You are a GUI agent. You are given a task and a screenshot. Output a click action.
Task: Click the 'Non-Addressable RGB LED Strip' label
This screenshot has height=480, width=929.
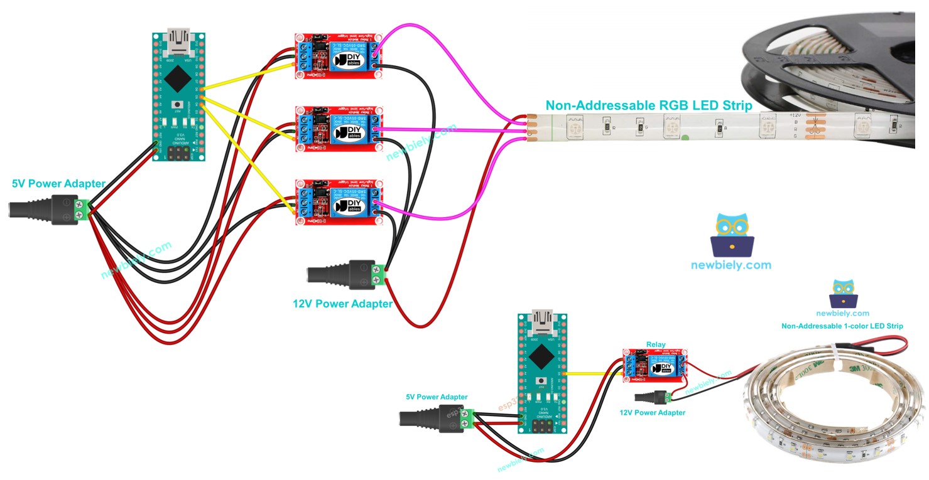648,105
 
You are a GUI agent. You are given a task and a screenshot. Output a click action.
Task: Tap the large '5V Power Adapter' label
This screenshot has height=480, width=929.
59,184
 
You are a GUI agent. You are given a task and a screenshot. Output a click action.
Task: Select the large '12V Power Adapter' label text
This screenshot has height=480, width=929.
342,304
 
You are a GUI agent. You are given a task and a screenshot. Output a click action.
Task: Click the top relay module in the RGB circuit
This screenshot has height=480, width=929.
339,56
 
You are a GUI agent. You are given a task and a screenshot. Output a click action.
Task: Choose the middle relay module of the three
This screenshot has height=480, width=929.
339,129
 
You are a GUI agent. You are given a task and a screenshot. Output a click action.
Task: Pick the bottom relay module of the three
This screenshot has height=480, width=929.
339,201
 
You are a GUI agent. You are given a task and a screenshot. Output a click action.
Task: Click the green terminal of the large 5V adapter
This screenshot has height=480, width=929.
80,209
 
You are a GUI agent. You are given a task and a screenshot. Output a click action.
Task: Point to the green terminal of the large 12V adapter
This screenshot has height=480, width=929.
378,274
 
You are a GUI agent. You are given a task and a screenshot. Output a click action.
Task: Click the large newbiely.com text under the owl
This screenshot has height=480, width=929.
731,265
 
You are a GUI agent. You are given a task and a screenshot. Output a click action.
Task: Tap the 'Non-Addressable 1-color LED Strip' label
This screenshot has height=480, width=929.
842,326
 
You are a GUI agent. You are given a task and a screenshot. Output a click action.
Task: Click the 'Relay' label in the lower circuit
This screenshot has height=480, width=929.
655,344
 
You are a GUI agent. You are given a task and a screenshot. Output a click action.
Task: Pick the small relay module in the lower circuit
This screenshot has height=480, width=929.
655,365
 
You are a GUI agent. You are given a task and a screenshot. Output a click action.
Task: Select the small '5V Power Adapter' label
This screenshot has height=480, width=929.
436,397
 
